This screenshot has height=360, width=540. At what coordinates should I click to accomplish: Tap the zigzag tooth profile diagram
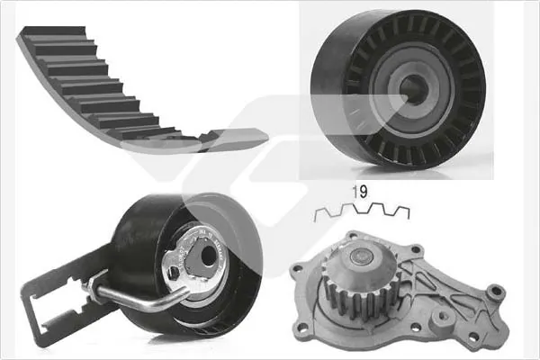[361, 211]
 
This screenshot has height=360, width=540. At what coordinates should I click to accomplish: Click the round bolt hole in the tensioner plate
[208, 256]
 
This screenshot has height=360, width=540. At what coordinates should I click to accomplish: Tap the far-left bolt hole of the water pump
[297, 268]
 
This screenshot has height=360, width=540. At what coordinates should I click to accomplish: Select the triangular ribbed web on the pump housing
[441, 297]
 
